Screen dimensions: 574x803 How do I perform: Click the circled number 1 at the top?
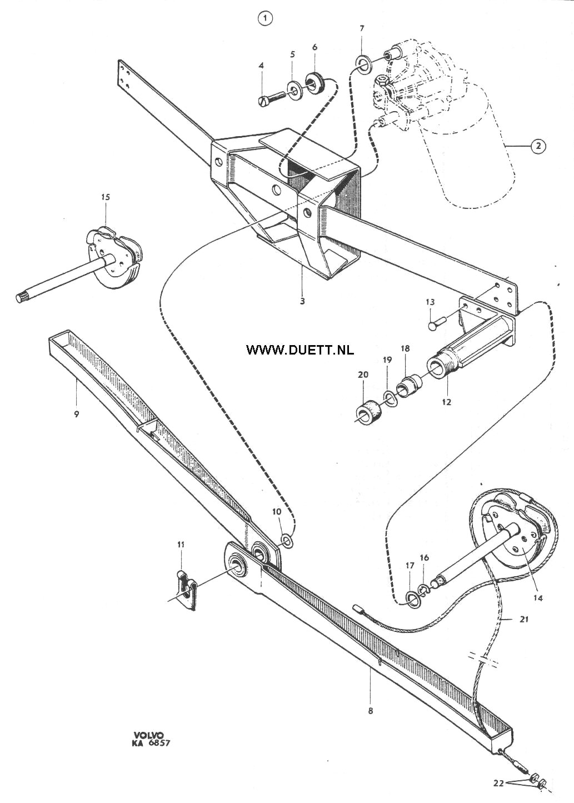265,19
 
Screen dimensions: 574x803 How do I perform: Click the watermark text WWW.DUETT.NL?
300,350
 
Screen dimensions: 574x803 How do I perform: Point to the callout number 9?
76,415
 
